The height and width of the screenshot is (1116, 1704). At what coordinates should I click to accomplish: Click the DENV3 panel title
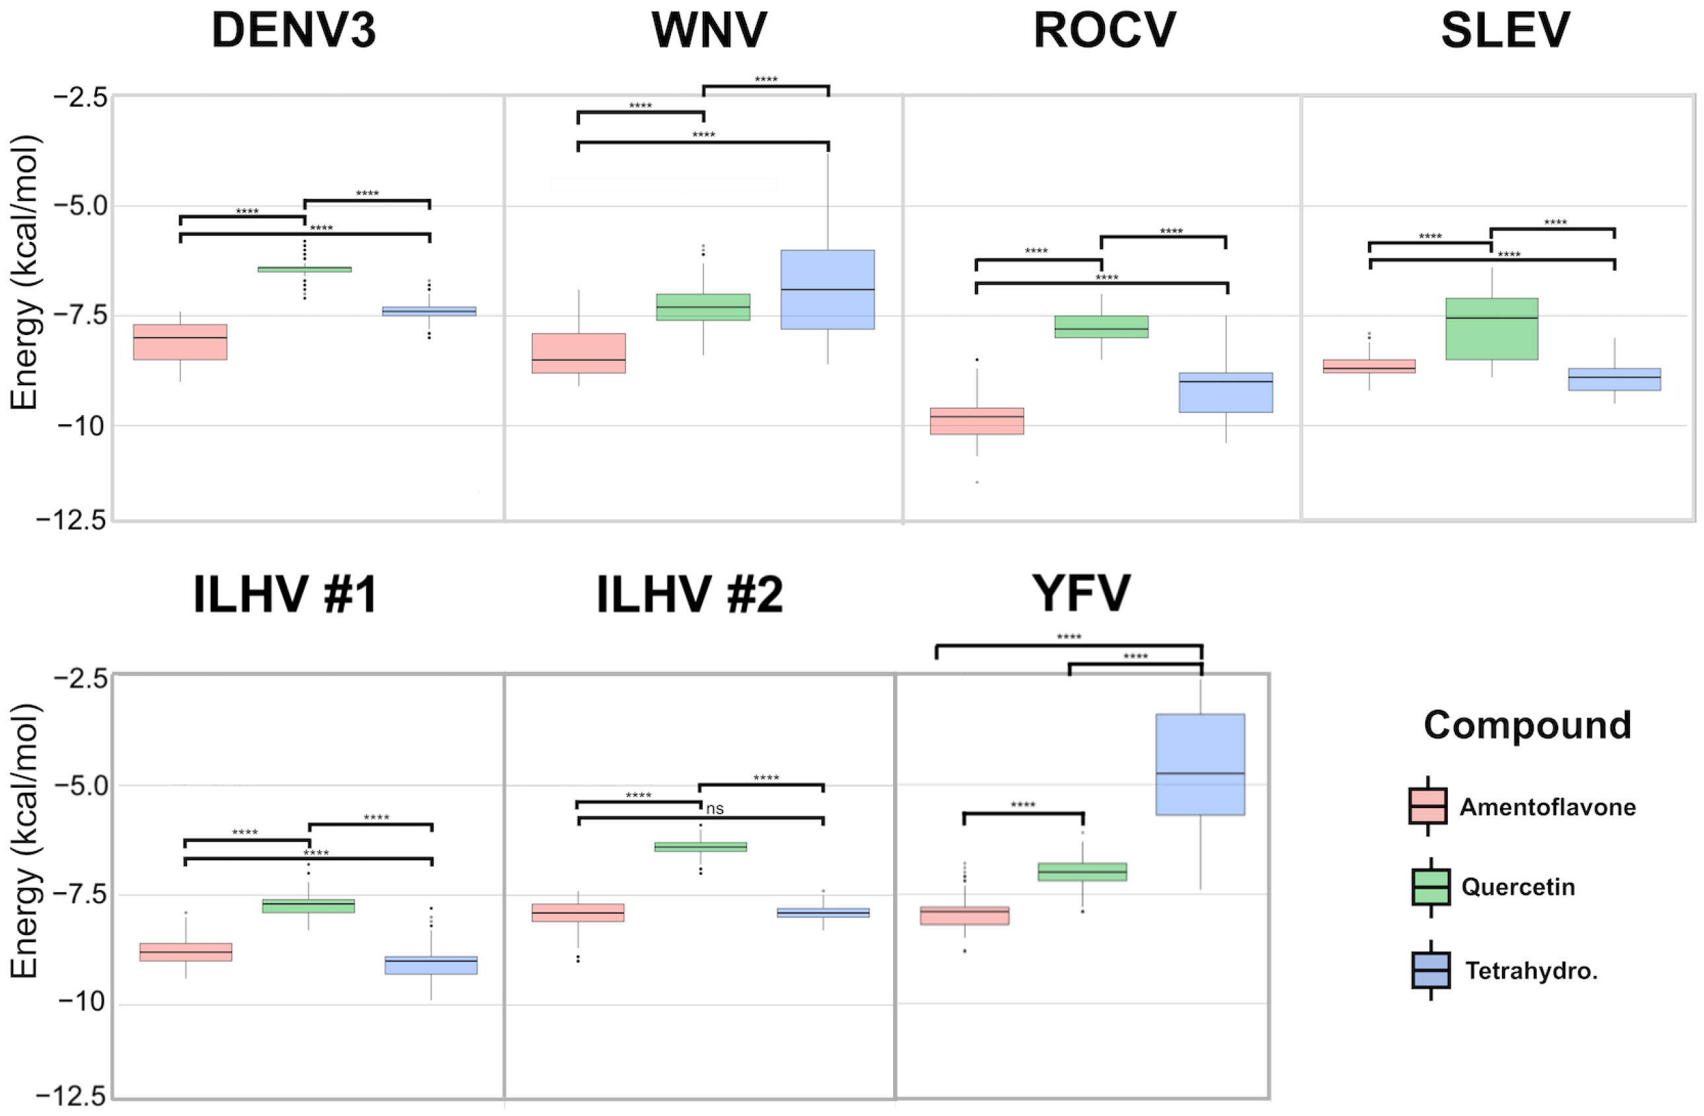pyautogui.click(x=293, y=31)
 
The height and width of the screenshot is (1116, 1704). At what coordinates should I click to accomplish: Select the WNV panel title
pyautogui.click(x=708, y=31)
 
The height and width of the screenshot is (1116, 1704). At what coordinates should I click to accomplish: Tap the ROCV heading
pyautogui.click(x=1104, y=31)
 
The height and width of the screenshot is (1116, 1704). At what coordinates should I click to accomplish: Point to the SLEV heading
pyautogui.click(x=1505, y=31)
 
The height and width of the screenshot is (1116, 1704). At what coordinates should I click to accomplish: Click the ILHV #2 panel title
pyautogui.click(x=690, y=595)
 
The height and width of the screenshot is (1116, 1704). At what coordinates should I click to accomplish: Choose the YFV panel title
pyautogui.click(x=1081, y=595)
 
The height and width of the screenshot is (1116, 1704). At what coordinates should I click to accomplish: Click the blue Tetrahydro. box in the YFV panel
pyautogui.click(x=1200, y=764)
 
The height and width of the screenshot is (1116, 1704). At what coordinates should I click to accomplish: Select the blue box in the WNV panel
pyautogui.click(x=827, y=289)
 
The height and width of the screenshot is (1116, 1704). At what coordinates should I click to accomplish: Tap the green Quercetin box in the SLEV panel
pyautogui.click(x=1491, y=329)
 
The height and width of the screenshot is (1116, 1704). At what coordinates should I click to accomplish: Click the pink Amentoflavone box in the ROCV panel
pyautogui.click(x=977, y=421)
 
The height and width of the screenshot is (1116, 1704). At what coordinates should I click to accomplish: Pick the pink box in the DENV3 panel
pyautogui.click(x=180, y=342)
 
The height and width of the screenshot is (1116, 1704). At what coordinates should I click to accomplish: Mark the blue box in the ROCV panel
pyautogui.click(x=1226, y=392)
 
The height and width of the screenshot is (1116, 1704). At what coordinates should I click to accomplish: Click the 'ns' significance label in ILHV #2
pyautogui.click(x=715, y=809)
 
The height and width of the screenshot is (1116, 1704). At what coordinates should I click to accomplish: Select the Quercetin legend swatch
pyautogui.click(x=1431, y=887)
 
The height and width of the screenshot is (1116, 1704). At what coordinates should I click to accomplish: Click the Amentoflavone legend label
pyautogui.click(x=1547, y=807)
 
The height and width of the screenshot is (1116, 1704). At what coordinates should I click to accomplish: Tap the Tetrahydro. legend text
pyautogui.click(x=1531, y=971)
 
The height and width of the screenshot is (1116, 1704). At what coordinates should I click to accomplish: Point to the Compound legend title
pyautogui.click(x=1527, y=725)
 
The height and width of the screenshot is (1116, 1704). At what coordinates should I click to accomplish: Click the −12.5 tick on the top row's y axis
pyautogui.click(x=71, y=521)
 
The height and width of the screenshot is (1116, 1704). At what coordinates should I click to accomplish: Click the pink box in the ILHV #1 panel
pyautogui.click(x=186, y=952)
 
